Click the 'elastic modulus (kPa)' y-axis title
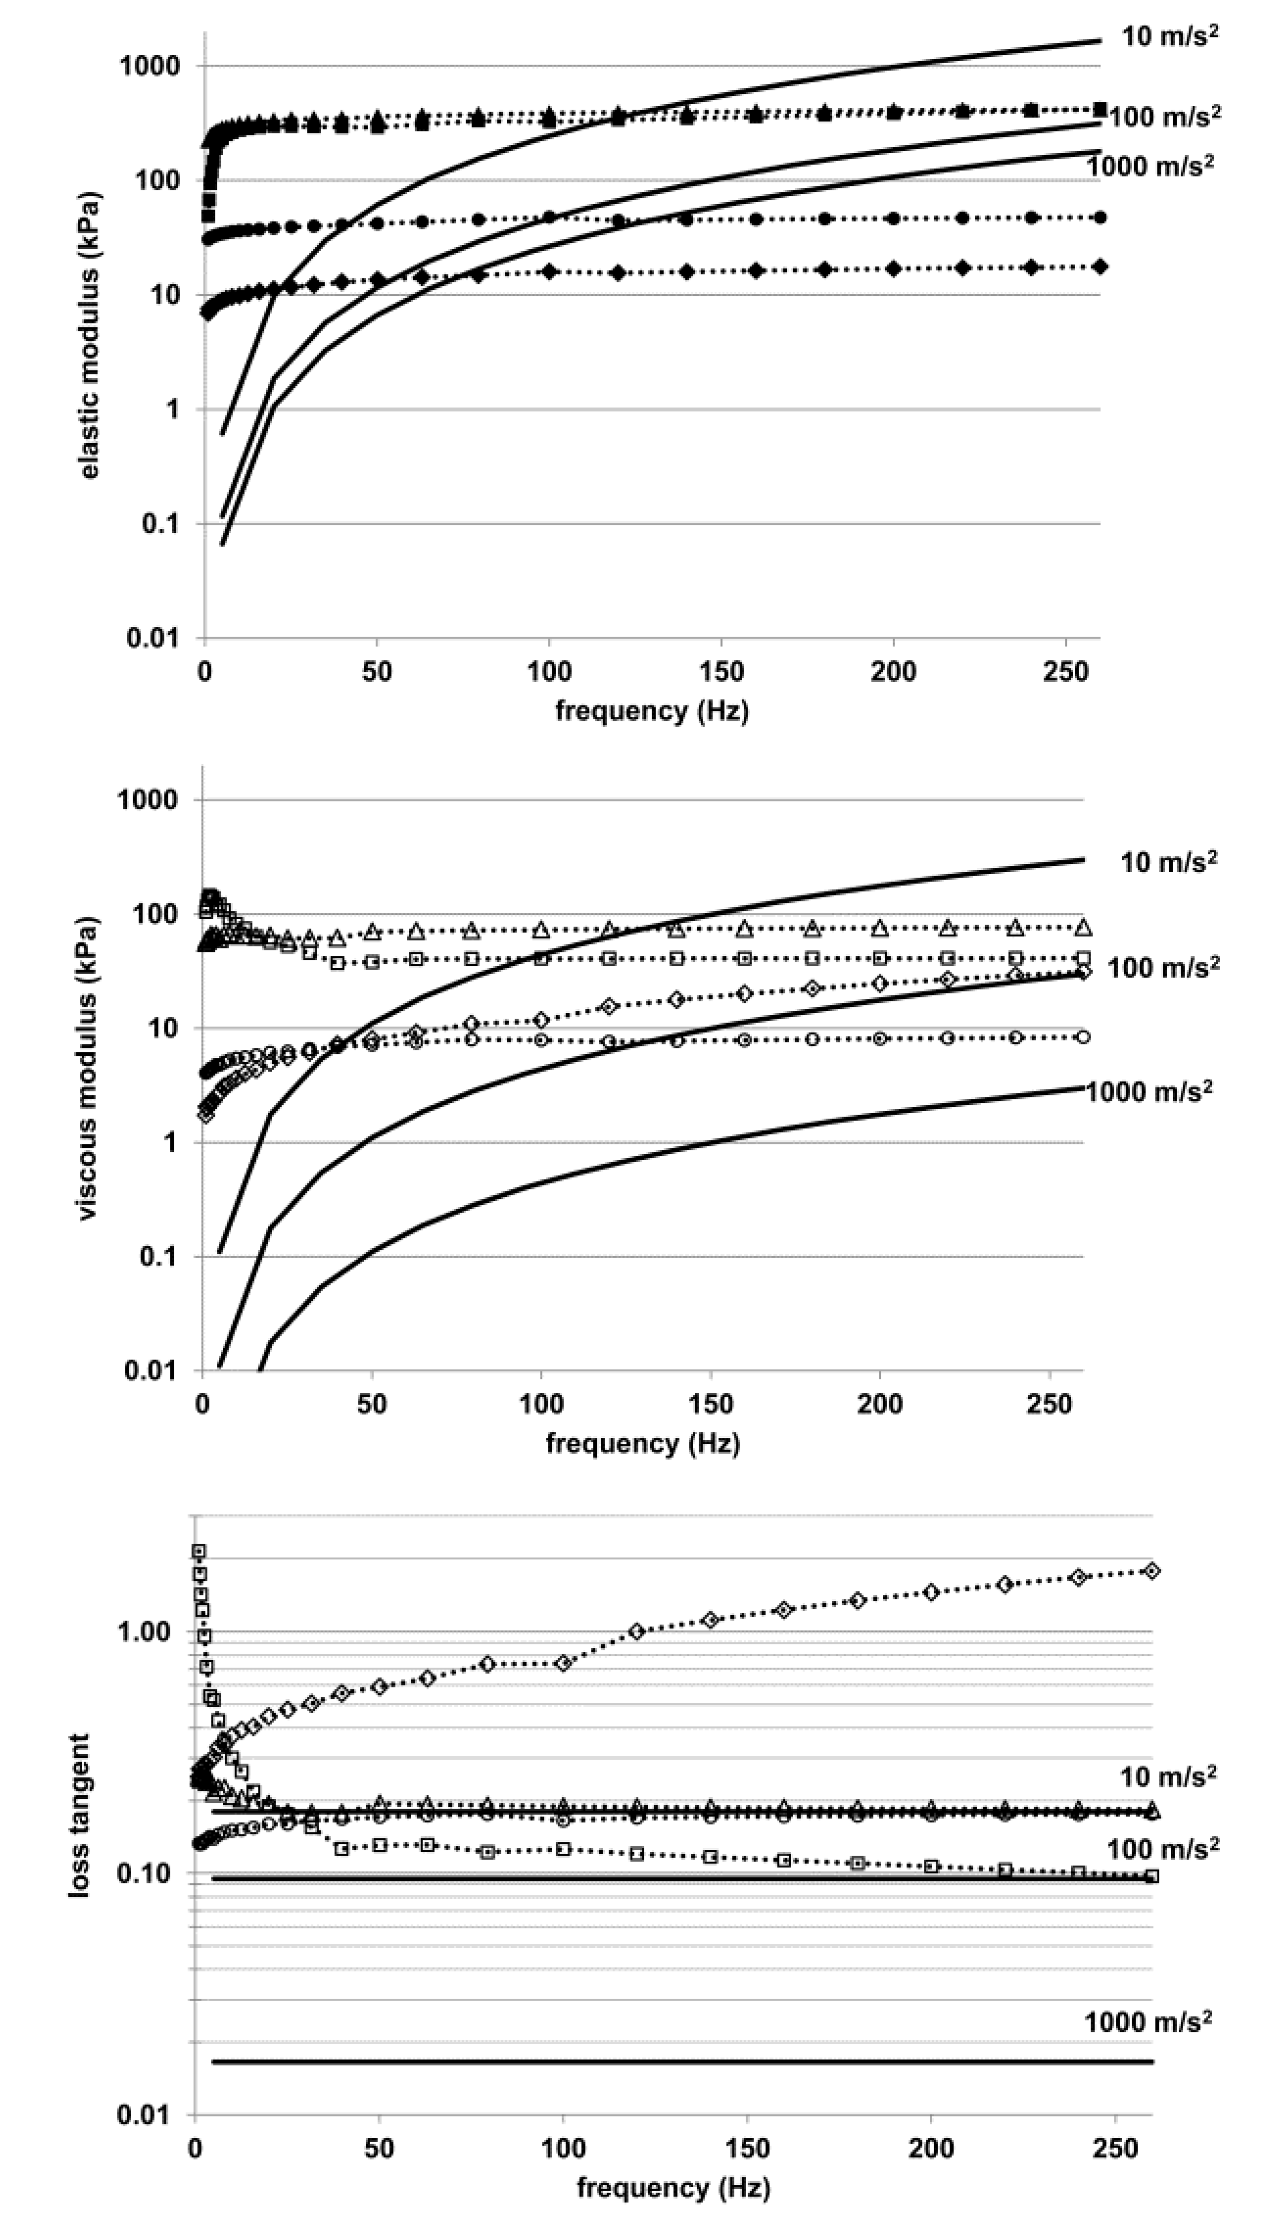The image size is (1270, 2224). point(90,335)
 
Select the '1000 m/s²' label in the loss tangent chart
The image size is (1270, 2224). point(1148,2022)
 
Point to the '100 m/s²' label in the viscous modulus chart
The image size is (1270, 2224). point(1163,967)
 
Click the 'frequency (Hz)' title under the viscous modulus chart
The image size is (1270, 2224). point(643,1444)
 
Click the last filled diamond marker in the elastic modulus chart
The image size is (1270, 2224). point(1100,266)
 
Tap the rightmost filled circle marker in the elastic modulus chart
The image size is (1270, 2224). point(1100,217)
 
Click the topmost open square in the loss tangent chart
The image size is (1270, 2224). point(199,1551)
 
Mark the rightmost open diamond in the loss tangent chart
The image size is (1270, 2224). point(1152,1571)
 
